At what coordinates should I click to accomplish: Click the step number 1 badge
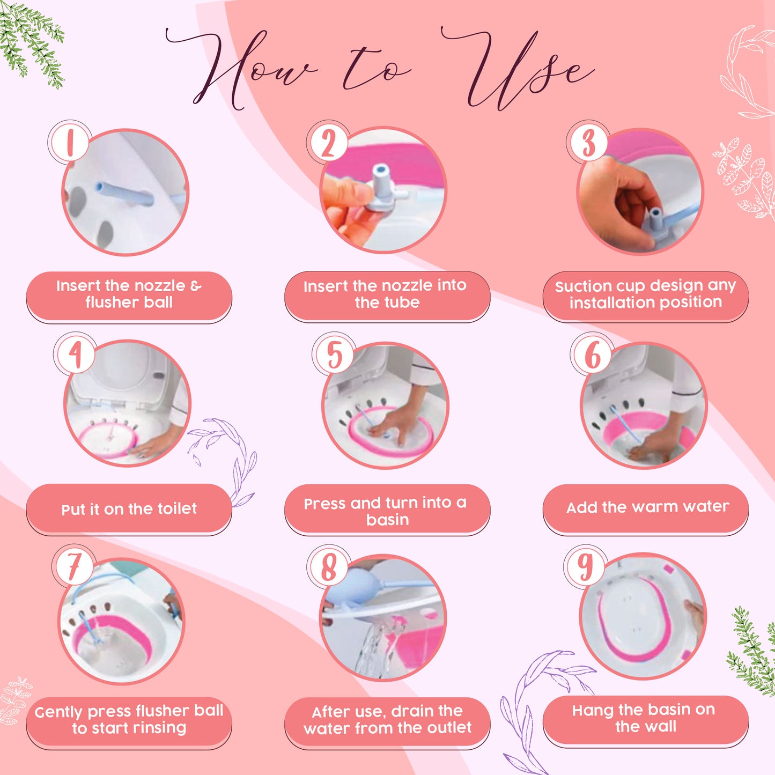click(70, 142)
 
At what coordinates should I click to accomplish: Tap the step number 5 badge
click(334, 354)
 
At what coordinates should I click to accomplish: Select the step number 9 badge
click(586, 567)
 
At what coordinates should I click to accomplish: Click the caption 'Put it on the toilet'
click(129, 509)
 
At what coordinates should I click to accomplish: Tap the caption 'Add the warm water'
click(647, 507)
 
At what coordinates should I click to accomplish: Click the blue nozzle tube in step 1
click(124, 194)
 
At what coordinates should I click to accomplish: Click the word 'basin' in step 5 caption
click(388, 520)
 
